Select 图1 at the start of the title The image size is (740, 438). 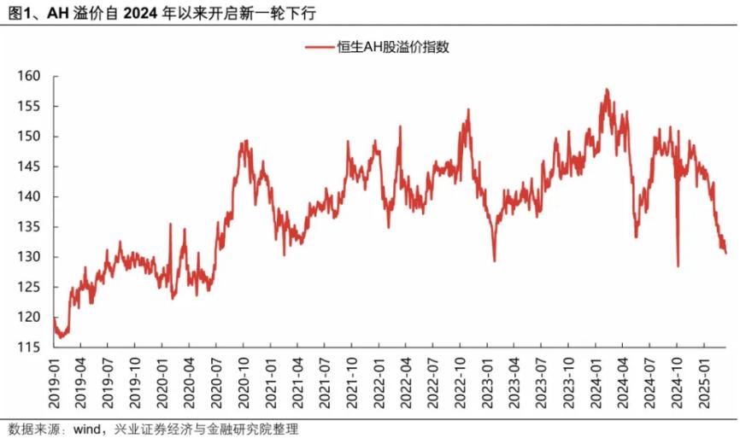pyautogui.click(x=16, y=12)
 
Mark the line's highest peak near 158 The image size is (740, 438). pyautogui.click(x=606, y=89)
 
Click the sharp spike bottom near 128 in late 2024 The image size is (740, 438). pyautogui.click(x=678, y=266)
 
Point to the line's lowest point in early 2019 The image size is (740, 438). pyautogui.click(x=59, y=338)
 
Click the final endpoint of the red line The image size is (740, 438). pyautogui.click(x=725, y=253)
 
